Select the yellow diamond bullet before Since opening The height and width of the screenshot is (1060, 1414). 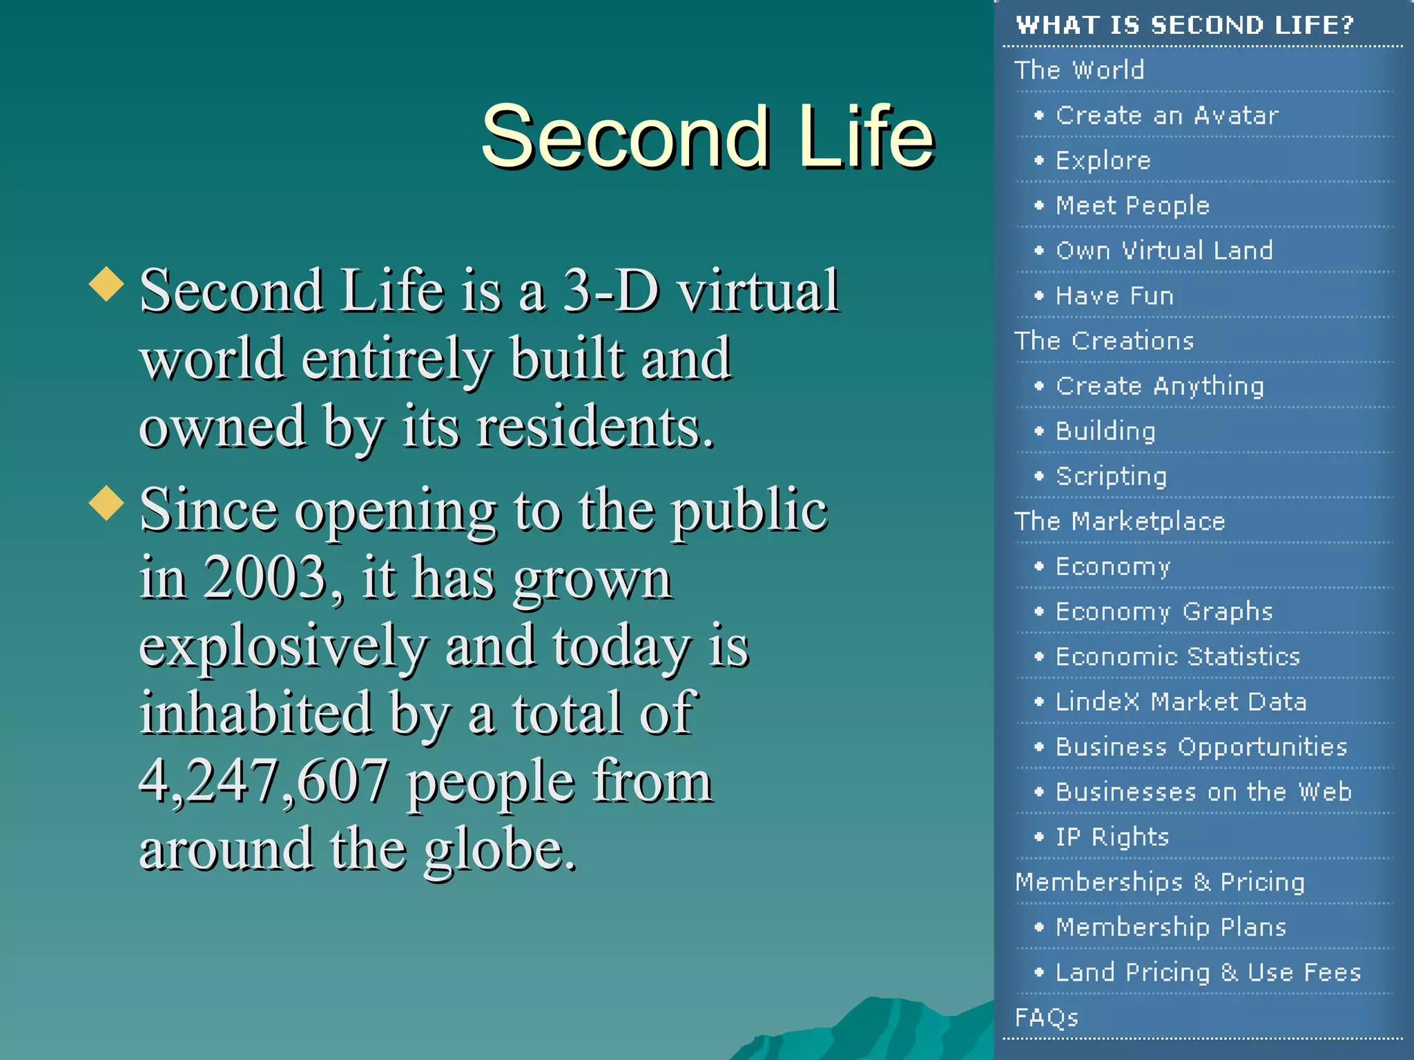click(106, 502)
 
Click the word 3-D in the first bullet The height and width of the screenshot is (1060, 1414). click(610, 291)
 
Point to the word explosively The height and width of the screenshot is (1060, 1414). click(283, 647)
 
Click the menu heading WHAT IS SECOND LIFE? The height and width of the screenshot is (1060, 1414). click(1185, 26)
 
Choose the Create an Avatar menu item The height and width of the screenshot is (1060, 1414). click(1167, 115)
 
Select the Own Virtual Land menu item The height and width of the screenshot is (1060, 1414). click(1164, 251)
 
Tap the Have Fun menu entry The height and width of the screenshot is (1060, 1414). click(1114, 296)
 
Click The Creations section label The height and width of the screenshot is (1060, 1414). click(1104, 341)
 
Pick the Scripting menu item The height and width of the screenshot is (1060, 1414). click(1111, 476)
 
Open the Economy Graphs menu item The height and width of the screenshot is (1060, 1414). click(1164, 611)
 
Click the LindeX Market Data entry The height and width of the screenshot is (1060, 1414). click(1181, 702)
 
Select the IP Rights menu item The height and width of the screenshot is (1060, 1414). click(1112, 837)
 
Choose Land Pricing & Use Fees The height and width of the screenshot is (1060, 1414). click(1208, 972)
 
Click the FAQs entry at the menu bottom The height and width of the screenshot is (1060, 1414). click(1046, 1017)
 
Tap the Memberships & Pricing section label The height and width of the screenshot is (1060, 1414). click(1160, 882)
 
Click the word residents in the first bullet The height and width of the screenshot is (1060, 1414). click(594, 428)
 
